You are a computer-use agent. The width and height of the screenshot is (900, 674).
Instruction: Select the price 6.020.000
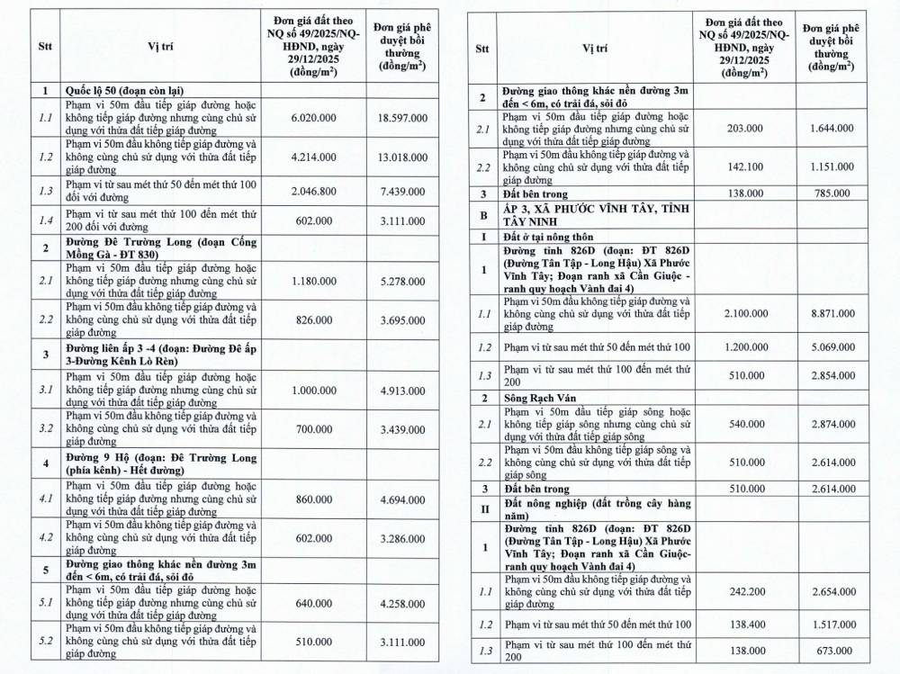coord(313,118)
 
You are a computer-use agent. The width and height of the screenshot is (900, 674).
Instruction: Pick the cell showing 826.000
coord(313,319)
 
